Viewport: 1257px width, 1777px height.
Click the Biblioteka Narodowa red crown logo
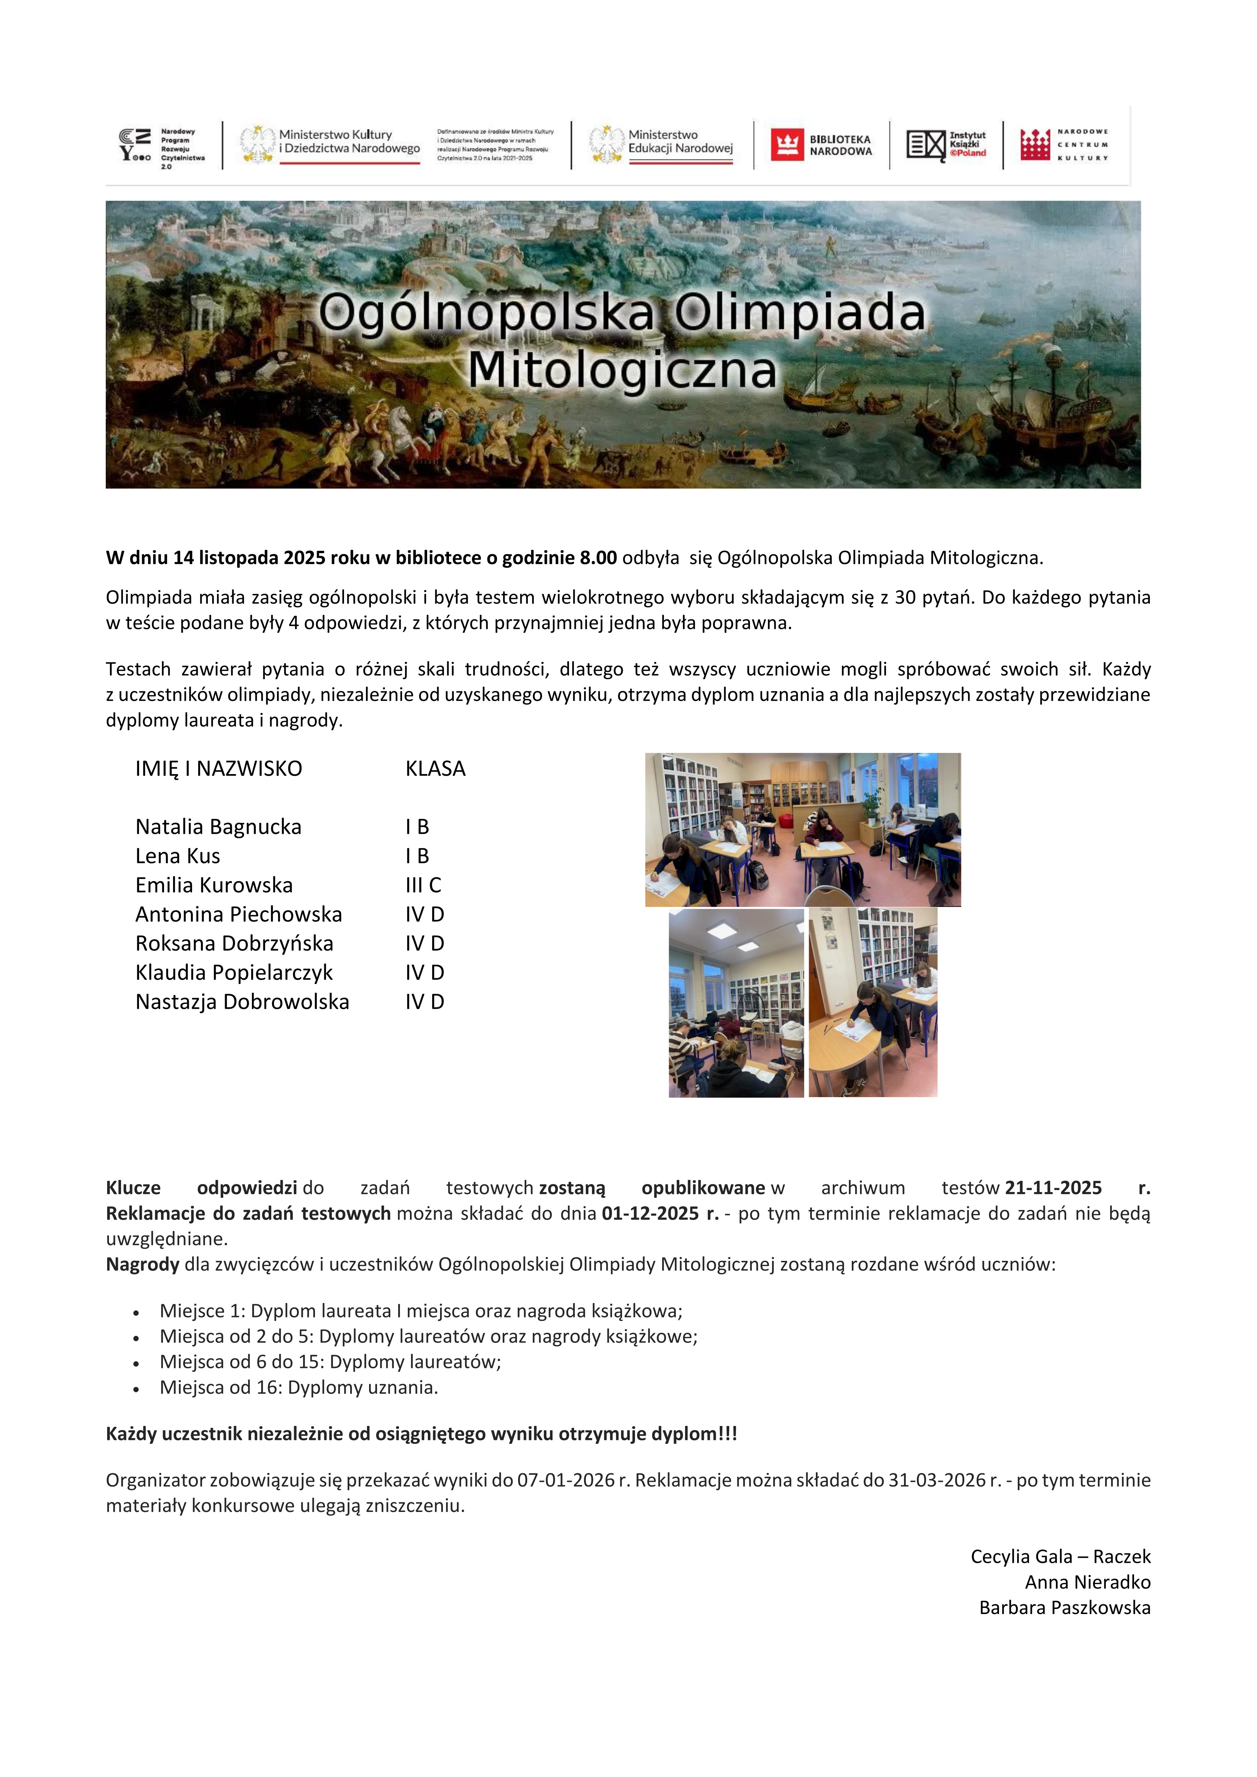787,145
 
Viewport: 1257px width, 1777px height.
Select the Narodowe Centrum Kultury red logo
1035,145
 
